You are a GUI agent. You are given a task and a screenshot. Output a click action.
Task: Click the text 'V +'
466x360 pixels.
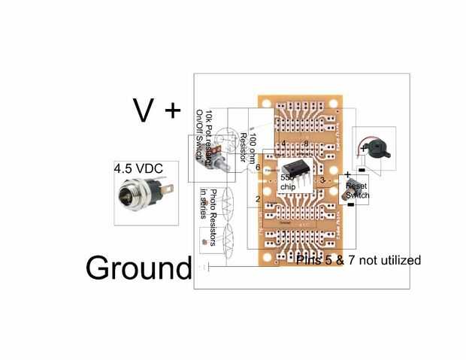click(156, 110)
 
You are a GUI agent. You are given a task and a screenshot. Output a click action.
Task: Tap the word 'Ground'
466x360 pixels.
click(138, 268)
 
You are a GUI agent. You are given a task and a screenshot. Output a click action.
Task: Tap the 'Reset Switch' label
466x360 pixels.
click(357, 190)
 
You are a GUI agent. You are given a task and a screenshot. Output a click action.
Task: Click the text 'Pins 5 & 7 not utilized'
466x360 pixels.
click(359, 260)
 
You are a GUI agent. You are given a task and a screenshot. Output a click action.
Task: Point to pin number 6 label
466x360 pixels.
click(258, 168)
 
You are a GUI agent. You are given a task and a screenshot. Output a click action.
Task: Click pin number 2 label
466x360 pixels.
click(258, 199)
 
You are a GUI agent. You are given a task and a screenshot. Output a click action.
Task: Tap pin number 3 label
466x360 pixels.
click(322, 181)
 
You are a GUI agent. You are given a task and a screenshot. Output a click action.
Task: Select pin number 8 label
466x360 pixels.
click(307, 144)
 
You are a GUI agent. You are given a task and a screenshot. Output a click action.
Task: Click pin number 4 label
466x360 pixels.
click(283, 144)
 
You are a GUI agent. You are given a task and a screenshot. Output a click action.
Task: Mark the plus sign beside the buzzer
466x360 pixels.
click(364, 149)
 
